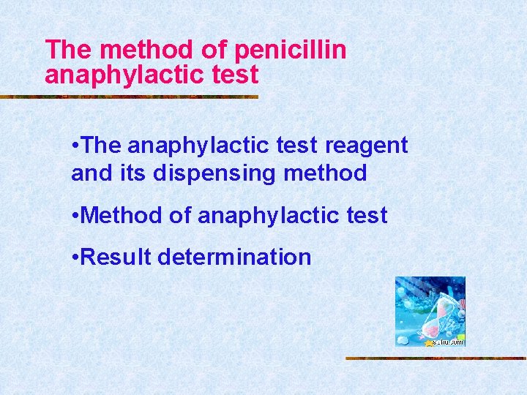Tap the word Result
pyautogui.click(x=118, y=257)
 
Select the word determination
pyautogui.click(x=234, y=257)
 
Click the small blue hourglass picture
pyautogui.click(x=430, y=311)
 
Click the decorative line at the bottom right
pyautogui.click(x=436, y=358)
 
